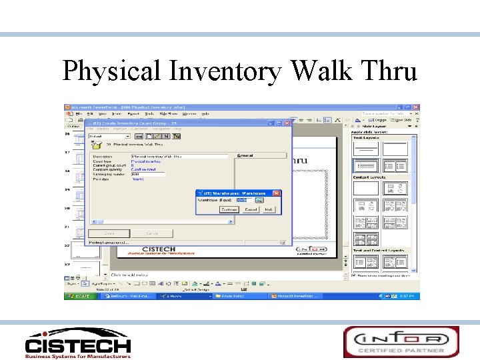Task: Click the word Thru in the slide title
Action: [389, 71]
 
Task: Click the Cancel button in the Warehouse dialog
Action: [251, 209]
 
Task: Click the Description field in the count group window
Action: [179, 156]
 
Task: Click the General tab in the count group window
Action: [245, 156]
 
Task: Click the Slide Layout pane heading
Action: [375, 125]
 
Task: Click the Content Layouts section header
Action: [368, 177]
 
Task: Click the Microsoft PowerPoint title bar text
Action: [127, 107]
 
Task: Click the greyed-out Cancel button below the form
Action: [152, 233]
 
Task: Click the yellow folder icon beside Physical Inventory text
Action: [97, 143]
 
